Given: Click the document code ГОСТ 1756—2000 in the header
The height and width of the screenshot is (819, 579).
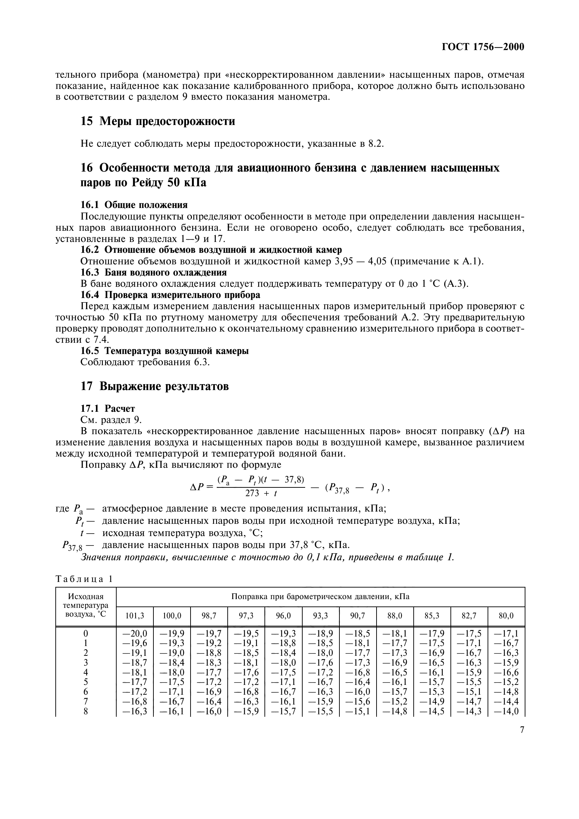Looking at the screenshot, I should coord(483,47).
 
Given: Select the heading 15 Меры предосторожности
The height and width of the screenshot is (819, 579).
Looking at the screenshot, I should coord(158,121).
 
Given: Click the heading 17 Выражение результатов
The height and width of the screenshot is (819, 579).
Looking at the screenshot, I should coord(154,386).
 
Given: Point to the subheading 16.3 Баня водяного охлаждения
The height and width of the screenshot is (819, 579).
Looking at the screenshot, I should coord(153,272).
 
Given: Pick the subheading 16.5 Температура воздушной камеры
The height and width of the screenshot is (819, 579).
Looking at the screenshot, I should coord(165,351).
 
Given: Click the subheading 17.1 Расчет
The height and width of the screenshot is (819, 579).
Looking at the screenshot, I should coord(108,408).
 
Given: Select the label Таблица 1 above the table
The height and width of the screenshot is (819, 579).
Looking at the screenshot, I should coord(84,579).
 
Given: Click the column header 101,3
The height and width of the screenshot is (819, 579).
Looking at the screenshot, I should coord(135,616).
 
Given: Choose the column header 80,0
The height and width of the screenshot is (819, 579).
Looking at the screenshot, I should coord(506,616).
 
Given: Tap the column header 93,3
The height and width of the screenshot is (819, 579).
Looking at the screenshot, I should coord(320,616).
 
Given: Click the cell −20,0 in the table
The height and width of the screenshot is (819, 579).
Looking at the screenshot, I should coord(135,633).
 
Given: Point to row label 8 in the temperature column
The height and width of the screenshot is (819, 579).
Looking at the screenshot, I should coord(85,711).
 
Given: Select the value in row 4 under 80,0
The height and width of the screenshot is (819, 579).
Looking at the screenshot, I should coord(506,672).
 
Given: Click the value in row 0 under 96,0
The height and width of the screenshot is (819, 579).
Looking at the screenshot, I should coord(283,633).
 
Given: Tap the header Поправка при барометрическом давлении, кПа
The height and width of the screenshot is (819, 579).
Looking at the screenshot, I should coord(320,596).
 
